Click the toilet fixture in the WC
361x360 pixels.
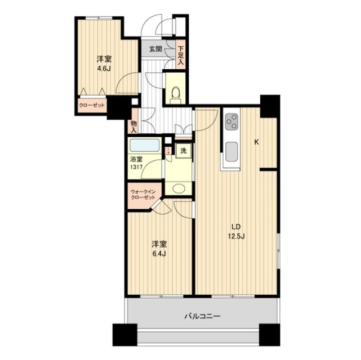[x=176, y=95]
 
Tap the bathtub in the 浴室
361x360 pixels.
[x=145, y=145]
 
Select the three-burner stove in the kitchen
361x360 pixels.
[x=231, y=121]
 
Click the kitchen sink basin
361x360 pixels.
[x=231, y=151]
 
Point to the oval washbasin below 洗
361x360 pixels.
[x=179, y=189]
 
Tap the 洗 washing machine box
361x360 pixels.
[x=184, y=151]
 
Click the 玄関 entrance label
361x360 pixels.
[x=155, y=49]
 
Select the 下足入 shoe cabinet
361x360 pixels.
[x=181, y=55]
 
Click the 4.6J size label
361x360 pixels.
[x=104, y=69]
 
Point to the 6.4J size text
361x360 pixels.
[x=159, y=254]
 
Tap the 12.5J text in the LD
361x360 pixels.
[x=236, y=236]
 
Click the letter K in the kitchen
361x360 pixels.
[x=256, y=142]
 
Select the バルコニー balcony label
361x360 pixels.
[x=202, y=317]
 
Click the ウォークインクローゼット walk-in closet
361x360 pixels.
[x=144, y=195]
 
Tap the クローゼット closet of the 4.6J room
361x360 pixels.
[x=92, y=106]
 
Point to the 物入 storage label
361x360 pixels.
[x=134, y=127]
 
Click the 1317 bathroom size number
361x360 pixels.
[x=136, y=167]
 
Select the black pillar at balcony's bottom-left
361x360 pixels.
[x=125, y=335]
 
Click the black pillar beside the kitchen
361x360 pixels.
[x=270, y=106]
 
